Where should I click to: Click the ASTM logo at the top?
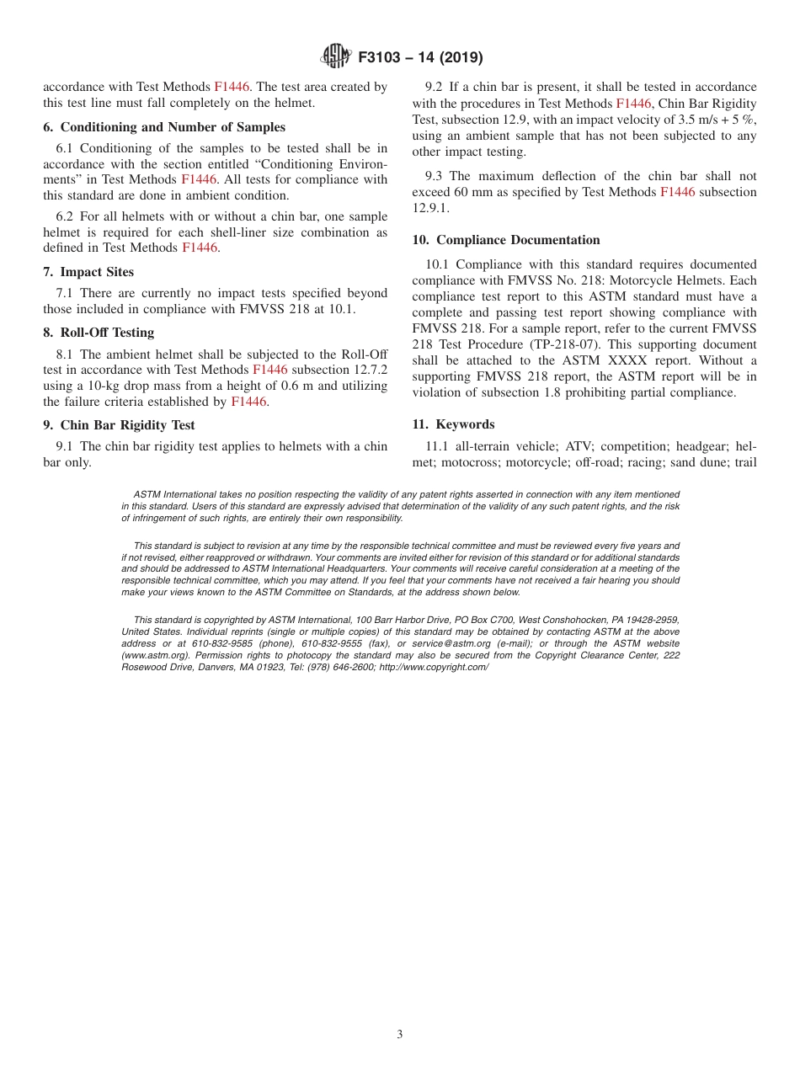pos(335,57)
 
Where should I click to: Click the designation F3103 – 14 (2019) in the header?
pos(420,58)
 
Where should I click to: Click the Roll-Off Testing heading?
pos(107,333)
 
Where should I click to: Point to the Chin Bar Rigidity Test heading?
pos(127,425)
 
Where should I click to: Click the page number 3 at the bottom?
pos(400,1035)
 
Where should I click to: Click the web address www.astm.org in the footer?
pos(148,655)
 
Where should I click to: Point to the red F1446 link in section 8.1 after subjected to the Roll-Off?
pos(269,370)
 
